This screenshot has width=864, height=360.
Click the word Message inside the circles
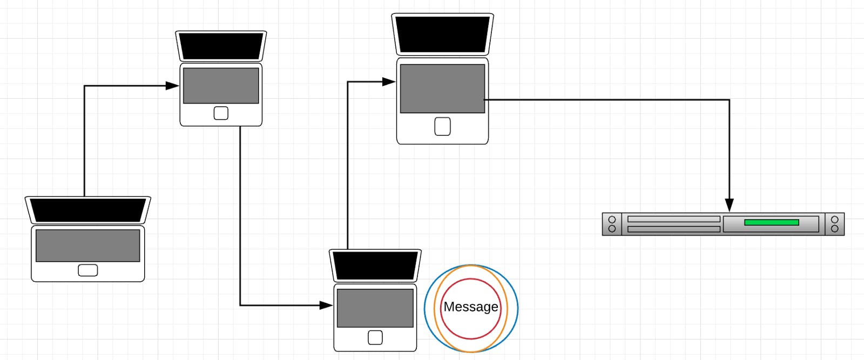(x=471, y=307)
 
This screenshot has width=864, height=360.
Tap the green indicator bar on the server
(x=771, y=222)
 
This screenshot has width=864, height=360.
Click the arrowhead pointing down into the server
(x=729, y=205)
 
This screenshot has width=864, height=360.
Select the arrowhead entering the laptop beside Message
(x=326, y=305)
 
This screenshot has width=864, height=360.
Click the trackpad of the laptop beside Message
(x=375, y=338)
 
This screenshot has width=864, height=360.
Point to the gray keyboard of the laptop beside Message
(x=375, y=308)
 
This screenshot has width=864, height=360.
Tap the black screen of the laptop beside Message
(x=375, y=266)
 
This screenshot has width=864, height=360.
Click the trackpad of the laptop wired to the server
(x=442, y=127)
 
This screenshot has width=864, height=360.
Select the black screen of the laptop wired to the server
(x=442, y=35)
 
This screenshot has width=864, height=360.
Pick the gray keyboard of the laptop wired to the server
(x=442, y=89)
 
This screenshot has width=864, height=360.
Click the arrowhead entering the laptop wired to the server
(x=389, y=82)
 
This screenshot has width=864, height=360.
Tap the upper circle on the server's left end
(x=612, y=220)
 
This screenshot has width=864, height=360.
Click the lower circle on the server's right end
(x=834, y=229)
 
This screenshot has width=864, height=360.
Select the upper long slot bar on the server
(x=673, y=219)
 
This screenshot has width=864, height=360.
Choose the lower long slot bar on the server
(x=673, y=229)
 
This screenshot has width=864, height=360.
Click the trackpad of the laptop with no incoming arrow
(x=87, y=270)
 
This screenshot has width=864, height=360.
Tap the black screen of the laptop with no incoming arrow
(x=87, y=210)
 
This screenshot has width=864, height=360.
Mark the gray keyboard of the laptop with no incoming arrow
(x=87, y=246)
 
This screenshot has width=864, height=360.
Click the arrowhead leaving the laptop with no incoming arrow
(x=172, y=86)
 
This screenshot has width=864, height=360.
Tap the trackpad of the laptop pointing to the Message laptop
(x=221, y=113)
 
